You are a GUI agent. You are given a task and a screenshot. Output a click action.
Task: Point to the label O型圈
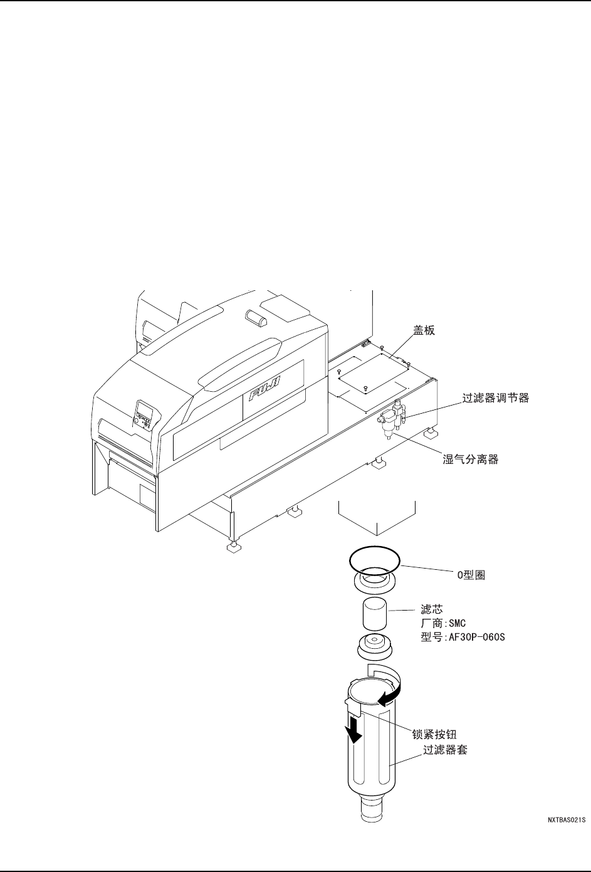pyautogui.click(x=471, y=575)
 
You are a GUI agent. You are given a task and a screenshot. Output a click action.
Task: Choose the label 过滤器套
pyautogui.click(x=445, y=749)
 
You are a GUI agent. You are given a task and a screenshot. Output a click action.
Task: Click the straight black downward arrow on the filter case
pyautogui.click(x=355, y=730)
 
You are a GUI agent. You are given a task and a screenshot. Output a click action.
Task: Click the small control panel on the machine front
pyautogui.click(x=145, y=416)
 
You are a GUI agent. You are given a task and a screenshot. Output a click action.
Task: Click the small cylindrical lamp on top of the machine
pyautogui.click(x=257, y=318)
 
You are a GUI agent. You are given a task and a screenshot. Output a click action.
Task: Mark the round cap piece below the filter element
pyautogui.click(x=374, y=647)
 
